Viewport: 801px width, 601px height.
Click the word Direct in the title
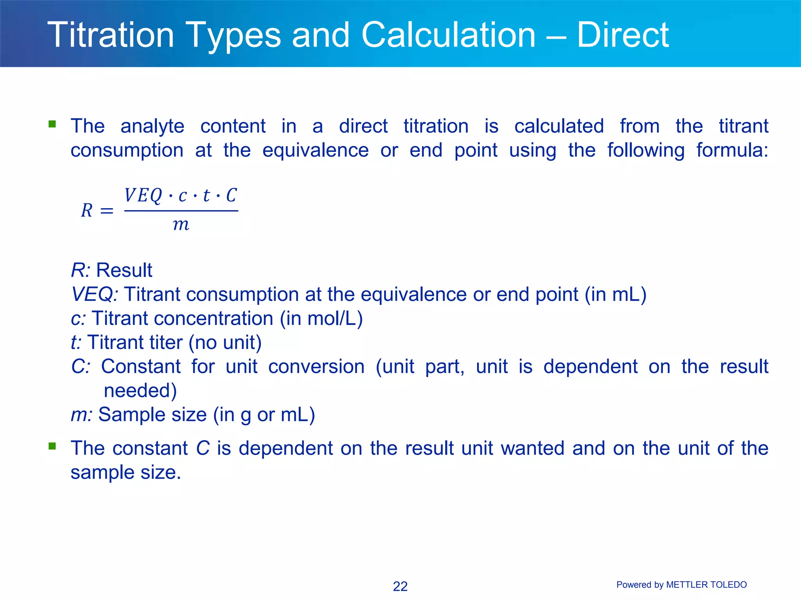coord(623,35)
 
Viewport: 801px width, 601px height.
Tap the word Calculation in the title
coord(448,35)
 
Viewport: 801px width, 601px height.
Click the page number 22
coord(400,586)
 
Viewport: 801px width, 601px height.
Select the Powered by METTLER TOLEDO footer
coord(681,585)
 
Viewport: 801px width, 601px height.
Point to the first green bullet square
coord(52,124)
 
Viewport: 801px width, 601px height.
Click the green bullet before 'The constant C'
coord(52,446)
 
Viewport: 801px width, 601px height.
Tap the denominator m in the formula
coord(181,225)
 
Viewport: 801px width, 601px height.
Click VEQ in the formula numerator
coord(143,195)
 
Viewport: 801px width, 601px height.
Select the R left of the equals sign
coord(87,211)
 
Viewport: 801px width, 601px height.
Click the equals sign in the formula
coord(107,211)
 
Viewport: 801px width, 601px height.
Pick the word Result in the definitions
coord(124,270)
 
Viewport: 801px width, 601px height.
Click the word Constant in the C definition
coord(141,367)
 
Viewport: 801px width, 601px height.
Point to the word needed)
coord(140,390)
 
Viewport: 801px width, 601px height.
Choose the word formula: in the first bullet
coord(732,150)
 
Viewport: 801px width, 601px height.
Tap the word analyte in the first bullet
coord(152,126)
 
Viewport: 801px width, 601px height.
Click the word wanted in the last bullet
coord(533,448)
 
